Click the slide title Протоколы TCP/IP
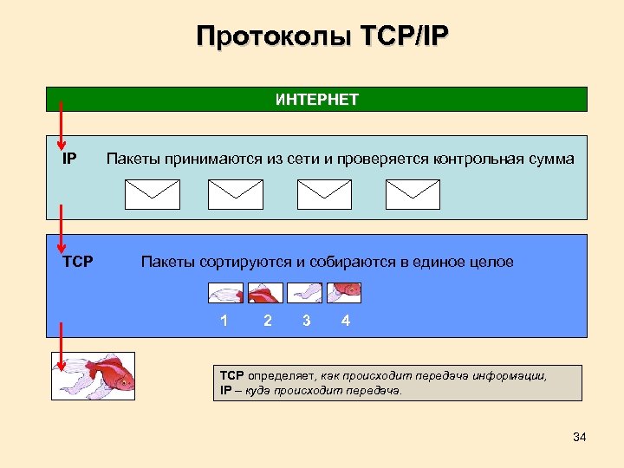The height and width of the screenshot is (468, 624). (x=322, y=36)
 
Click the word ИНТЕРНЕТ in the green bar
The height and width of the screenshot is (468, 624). (x=317, y=100)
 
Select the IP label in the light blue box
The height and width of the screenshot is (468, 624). (x=69, y=159)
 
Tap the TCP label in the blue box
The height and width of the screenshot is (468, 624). (x=78, y=262)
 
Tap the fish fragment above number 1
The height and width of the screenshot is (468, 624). (x=225, y=293)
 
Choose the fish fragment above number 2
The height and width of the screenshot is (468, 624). (x=264, y=293)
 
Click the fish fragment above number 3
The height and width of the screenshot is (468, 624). (x=304, y=293)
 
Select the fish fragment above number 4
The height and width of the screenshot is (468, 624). (x=344, y=293)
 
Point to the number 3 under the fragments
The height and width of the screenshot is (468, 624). (x=307, y=322)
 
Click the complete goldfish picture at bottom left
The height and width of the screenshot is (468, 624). (x=92, y=375)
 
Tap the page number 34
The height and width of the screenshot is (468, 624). (x=580, y=437)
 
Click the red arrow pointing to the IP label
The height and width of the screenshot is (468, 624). (x=61, y=127)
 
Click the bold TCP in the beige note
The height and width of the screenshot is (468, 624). (x=232, y=376)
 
